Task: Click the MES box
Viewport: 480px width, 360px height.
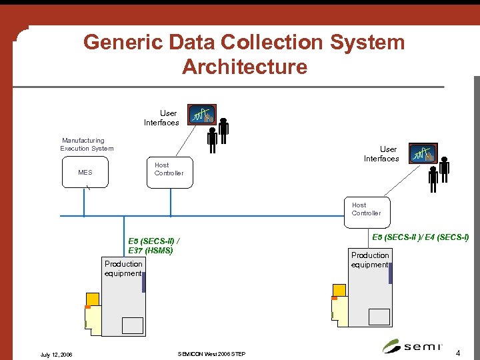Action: (85, 173)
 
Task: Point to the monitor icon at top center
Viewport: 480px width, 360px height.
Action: (201, 115)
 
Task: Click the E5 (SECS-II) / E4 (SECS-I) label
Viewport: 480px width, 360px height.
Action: (420, 237)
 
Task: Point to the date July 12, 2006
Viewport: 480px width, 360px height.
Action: (56, 354)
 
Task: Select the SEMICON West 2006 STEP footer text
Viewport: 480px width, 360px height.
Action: (212, 353)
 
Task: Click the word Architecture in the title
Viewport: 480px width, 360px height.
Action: (244, 67)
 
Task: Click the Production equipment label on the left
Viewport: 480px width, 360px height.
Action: (123, 269)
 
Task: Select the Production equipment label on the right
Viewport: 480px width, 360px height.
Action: (370, 260)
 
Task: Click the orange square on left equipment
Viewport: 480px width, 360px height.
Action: (93, 299)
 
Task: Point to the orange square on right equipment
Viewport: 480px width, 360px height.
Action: (339, 291)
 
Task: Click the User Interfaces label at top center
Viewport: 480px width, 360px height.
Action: (162, 118)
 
